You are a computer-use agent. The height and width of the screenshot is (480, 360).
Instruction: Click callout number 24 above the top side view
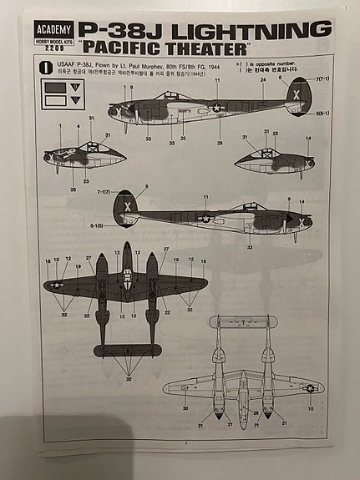pyautogui.click(x=262, y=81)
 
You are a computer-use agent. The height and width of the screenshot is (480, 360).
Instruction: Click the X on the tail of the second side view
pyautogui.click(x=127, y=206)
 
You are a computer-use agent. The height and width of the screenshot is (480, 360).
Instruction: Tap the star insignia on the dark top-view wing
pyautogui.click(x=57, y=285)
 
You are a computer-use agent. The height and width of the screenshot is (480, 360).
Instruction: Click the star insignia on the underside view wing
pyautogui.click(x=309, y=388)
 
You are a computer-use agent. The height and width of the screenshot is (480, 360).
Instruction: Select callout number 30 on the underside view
pyautogui.click(x=185, y=408)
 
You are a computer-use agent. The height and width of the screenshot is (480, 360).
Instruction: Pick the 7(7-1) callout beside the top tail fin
pyautogui.click(x=322, y=80)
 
